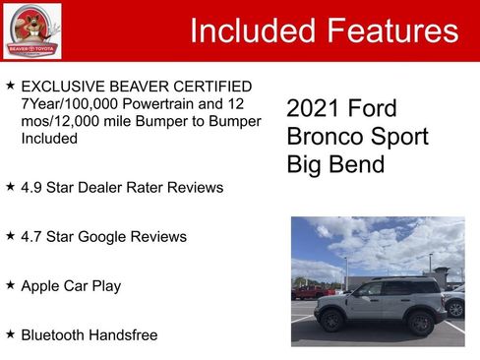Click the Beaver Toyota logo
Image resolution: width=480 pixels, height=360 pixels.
click(31, 30)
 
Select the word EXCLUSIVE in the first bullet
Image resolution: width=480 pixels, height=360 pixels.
click(62, 87)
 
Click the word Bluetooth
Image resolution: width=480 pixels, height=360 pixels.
click(54, 334)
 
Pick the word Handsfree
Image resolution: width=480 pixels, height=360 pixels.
click(124, 334)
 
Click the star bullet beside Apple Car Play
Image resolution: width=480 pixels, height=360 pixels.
click(10, 284)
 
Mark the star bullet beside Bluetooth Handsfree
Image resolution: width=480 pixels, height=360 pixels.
click(10, 333)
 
